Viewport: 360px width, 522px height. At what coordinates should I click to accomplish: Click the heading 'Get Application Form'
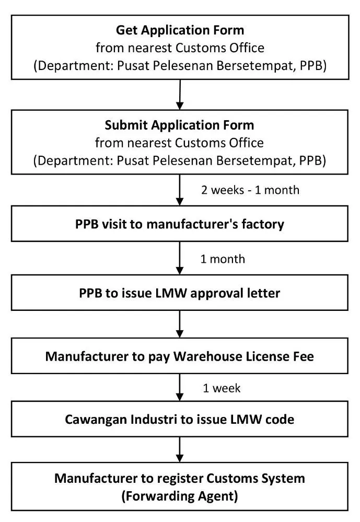click(x=180, y=29)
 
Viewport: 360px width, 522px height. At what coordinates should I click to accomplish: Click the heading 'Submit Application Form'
click(x=180, y=125)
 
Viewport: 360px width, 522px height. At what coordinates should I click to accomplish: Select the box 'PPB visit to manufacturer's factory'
click(x=180, y=224)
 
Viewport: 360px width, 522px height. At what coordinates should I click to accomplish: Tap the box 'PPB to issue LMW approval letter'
click(x=180, y=293)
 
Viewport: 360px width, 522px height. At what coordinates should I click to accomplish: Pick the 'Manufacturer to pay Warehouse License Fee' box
click(x=180, y=356)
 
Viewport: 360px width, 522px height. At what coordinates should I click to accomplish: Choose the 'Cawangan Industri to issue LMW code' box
click(x=180, y=420)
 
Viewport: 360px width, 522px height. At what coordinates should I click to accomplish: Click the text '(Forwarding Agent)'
click(x=180, y=496)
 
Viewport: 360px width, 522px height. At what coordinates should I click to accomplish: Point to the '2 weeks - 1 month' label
click(x=250, y=190)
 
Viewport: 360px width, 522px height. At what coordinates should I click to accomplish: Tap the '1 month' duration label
click(x=223, y=259)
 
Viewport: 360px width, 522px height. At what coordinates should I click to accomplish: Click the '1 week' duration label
click(x=222, y=388)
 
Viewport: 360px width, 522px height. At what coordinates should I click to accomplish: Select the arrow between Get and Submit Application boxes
click(x=180, y=95)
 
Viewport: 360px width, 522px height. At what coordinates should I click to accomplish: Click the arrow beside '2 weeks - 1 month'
click(x=180, y=190)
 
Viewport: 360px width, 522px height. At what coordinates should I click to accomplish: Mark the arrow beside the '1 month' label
click(x=180, y=259)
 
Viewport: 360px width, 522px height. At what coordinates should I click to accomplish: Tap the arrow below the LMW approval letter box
click(x=180, y=324)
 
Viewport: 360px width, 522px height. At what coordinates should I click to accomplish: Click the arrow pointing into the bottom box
click(x=180, y=449)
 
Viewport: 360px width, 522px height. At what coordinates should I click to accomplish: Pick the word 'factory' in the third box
click(x=265, y=224)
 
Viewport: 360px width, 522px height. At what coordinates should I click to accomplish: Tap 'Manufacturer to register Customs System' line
click(x=180, y=478)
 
